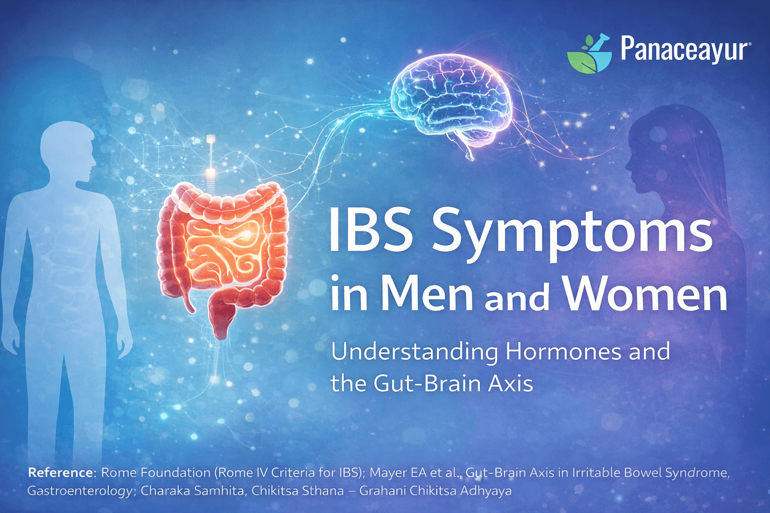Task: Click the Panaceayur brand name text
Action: click(x=685, y=50)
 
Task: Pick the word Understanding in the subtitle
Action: click(x=414, y=353)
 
